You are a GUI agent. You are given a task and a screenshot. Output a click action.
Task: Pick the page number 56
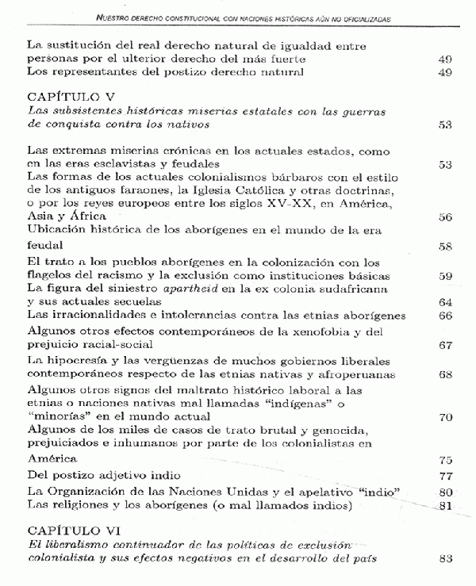(x=444, y=218)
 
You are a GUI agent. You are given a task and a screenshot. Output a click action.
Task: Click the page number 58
(x=444, y=247)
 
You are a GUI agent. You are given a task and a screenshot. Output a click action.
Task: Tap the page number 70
(x=444, y=418)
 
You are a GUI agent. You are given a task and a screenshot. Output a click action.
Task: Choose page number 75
(x=444, y=460)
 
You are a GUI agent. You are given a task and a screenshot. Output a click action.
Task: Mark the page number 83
(x=444, y=558)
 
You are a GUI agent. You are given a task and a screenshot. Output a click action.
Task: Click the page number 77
(x=444, y=476)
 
